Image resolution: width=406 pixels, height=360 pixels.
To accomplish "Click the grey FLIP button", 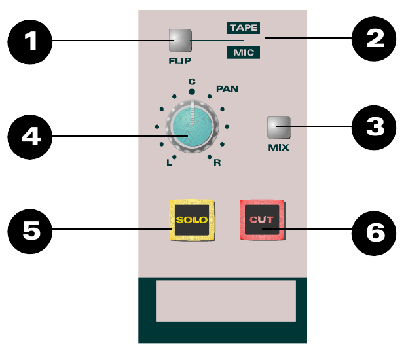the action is click(180, 40).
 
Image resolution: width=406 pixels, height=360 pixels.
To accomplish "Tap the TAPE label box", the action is click(244, 27).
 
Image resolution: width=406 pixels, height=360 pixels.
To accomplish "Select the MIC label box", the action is click(244, 52).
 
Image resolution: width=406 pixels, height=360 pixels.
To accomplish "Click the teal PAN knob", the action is click(192, 126).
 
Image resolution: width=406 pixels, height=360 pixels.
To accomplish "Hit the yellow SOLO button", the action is click(192, 220).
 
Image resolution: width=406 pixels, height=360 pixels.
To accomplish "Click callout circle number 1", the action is click(30, 42).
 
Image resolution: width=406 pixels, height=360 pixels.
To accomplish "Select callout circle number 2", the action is click(374, 39).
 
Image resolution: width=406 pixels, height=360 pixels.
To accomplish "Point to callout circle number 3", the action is click(374, 128).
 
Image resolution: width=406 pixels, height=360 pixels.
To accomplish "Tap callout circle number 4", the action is click(30, 137).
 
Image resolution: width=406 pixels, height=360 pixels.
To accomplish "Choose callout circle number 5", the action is click(30, 231).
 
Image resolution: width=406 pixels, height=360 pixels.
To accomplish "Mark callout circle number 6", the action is click(374, 233).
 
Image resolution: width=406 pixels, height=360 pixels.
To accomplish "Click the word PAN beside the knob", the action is click(227, 89).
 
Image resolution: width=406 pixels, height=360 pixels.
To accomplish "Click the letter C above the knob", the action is click(192, 82).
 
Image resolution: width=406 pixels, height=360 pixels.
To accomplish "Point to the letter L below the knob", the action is click(169, 162).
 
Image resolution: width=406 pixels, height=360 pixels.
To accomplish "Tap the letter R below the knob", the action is click(217, 162).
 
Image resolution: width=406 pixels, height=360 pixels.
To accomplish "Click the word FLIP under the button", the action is click(180, 61).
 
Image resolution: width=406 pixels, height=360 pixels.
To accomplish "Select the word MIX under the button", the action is click(278, 147).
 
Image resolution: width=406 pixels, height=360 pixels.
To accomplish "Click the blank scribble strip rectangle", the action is click(226, 301).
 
